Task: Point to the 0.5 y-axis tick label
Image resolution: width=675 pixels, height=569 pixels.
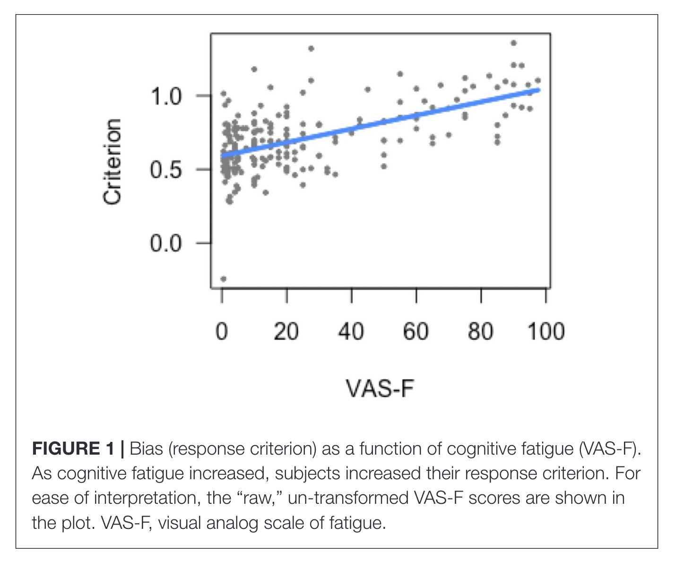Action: click(165, 170)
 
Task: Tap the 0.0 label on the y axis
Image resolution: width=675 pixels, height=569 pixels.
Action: click(165, 244)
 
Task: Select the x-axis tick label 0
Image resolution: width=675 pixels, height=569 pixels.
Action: click(222, 332)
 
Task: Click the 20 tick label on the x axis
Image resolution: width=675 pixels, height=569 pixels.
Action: click(286, 332)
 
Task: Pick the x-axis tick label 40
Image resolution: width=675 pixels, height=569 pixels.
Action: click(351, 332)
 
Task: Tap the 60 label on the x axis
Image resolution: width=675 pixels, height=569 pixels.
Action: click(416, 332)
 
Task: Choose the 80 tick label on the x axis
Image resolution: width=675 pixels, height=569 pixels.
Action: click(481, 332)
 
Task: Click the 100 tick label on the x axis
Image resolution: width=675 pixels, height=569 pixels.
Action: click(546, 332)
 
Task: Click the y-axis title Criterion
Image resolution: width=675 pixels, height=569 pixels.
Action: click(112, 162)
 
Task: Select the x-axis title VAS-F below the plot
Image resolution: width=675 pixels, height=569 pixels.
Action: click(380, 389)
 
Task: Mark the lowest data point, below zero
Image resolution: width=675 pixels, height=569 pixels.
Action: click(224, 279)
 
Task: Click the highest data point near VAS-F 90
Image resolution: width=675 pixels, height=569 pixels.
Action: click(514, 43)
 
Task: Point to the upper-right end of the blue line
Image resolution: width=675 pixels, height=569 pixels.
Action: click(538, 90)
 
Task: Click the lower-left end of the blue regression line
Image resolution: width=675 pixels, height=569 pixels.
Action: click(223, 155)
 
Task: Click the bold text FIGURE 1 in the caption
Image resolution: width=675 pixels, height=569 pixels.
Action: click(73, 448)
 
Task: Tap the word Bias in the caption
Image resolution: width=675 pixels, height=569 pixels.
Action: click(146, 448)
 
